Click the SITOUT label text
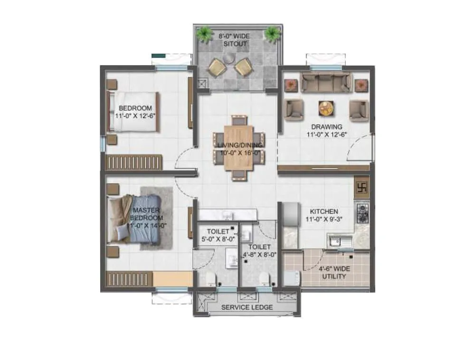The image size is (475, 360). tap(236, 44)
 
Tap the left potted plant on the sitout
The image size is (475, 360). tap(205, 34)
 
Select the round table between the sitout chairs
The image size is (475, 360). tap(229, 58)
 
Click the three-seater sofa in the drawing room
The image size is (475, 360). tap(326, 83)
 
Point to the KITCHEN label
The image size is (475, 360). tap(324, 211)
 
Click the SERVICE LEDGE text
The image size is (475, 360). tap(247, 307)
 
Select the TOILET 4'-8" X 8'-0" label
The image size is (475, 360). tap(259, 250)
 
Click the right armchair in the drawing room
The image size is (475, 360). tap(359, 110)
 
